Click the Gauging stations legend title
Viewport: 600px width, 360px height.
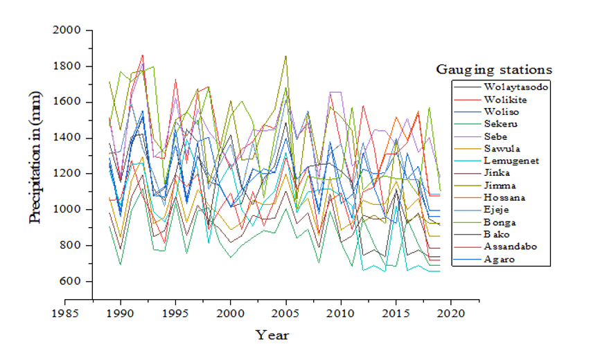pos(494,69)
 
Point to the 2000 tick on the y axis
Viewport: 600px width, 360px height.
pos(67,30)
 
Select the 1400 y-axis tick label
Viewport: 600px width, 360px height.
pos(67,138)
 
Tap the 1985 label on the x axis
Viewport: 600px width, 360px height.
pos(65,314)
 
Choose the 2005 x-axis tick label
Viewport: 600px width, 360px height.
pos(285,314)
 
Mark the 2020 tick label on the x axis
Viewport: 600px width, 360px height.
pos(451,314)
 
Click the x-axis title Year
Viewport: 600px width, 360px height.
pos(272,335)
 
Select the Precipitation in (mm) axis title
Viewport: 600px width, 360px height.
pos(35,157)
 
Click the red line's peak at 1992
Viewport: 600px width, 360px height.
pos(142,55)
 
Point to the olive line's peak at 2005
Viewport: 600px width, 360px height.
pos(285,56)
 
